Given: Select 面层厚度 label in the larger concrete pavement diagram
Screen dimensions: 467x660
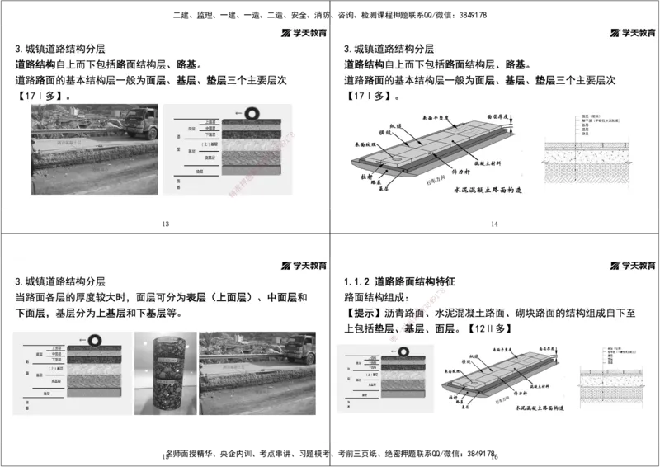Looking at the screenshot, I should click(x=501, y=118).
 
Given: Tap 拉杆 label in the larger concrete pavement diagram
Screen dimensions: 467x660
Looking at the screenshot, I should click(x=369, y=177).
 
